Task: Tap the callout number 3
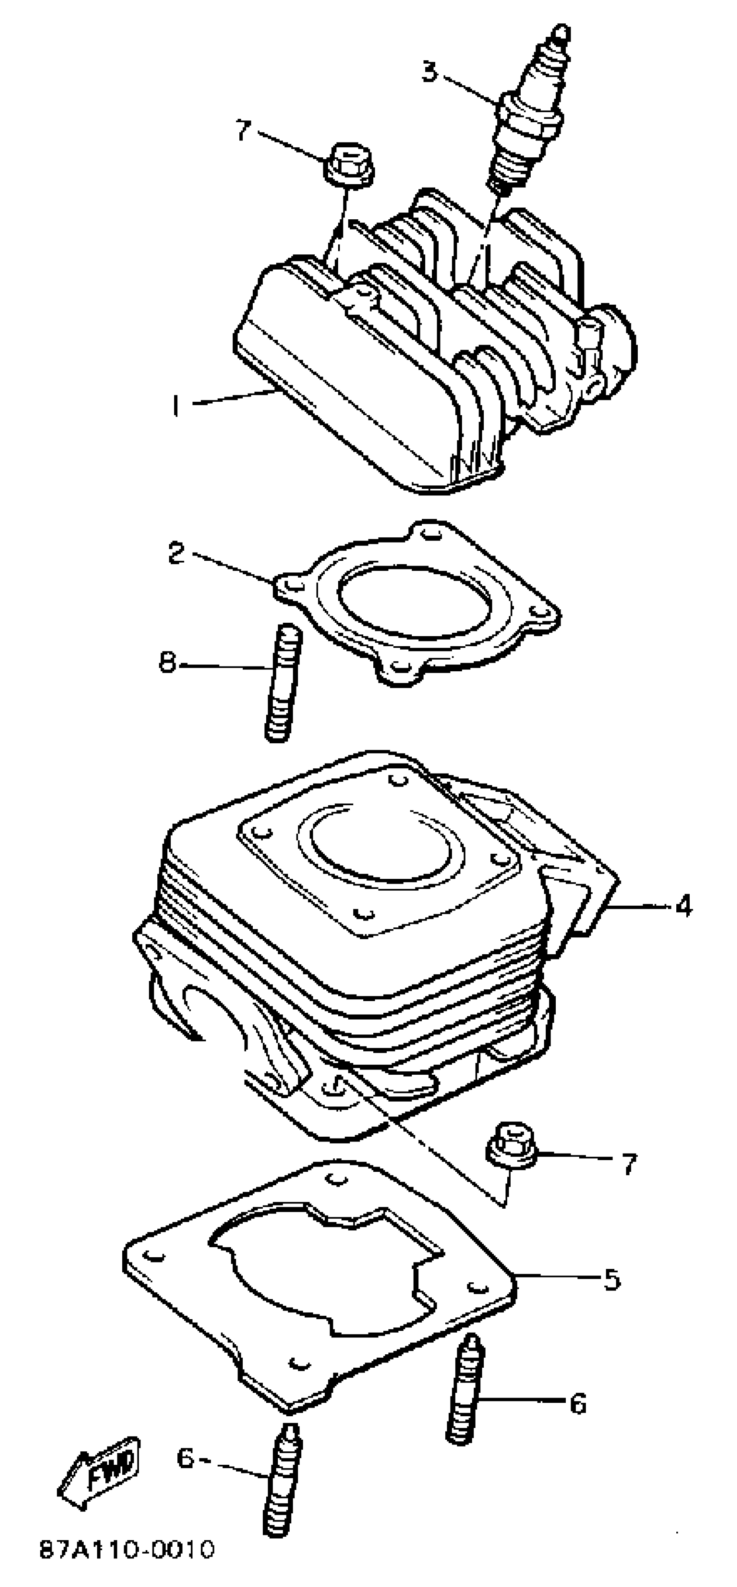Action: [430, 72]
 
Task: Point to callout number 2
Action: [177, 553]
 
